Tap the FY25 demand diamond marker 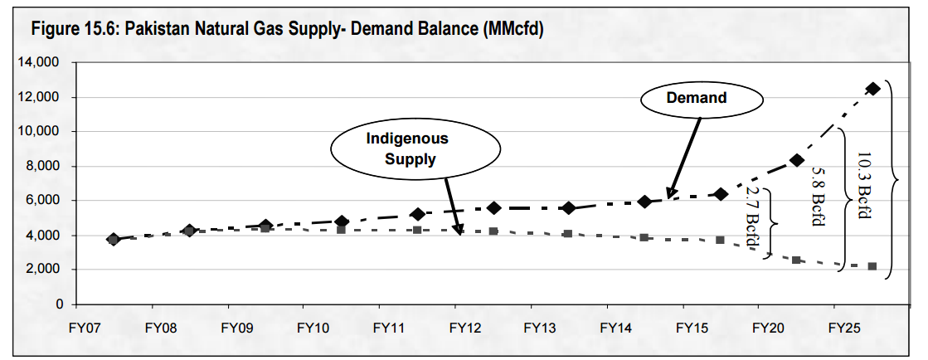click(x=872, y=89)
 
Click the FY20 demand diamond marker click(x=796, y=160)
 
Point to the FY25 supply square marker click(x=872, y=266)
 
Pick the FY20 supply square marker click(x=796, y=260)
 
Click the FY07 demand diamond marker click(x=114, y=239)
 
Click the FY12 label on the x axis click(x=465, y=327)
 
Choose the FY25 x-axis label click(x=843, y=327)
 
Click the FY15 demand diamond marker click(x=721, y=194)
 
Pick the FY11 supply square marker click(x=417, y=229)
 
